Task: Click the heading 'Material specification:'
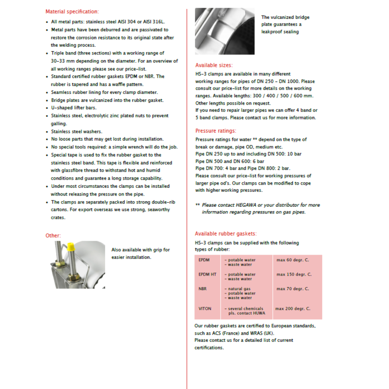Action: point(72,12)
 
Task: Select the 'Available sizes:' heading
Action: point(213,65)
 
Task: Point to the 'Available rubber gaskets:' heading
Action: point(226,234)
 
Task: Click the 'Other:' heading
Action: point(53,236)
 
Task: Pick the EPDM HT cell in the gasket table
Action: point(207,275)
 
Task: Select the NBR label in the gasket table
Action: point(202,289)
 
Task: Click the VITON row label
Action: point(205,308)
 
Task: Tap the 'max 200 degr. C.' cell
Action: point(292,308)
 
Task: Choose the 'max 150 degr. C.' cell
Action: point(294,275)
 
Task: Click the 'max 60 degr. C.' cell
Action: point(293,260)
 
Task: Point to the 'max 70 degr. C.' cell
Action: point(293,289)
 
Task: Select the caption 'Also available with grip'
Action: point(141,250)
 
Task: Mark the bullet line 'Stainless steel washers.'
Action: point(76,132)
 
